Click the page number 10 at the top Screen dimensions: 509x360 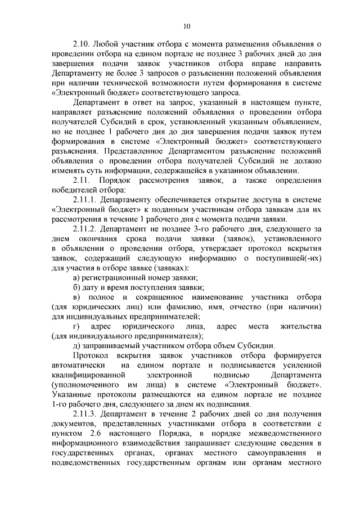[x=187, y=25]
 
